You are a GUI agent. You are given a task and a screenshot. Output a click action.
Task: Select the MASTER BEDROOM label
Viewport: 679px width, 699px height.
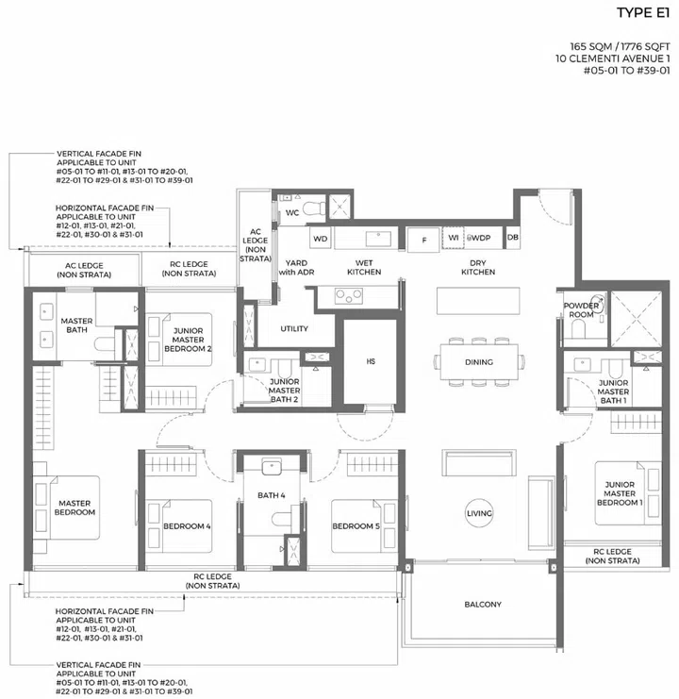73,508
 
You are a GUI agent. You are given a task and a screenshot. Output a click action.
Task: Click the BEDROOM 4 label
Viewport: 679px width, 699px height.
187,525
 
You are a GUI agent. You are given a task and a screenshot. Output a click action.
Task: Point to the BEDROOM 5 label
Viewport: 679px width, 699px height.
355,525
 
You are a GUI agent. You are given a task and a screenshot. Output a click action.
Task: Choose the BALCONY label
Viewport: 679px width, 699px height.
483,605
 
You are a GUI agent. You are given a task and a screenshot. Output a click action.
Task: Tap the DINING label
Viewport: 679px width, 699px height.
479,361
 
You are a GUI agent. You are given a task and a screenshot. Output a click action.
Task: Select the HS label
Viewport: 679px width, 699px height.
371,359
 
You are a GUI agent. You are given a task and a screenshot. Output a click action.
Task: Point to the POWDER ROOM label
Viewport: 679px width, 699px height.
582,310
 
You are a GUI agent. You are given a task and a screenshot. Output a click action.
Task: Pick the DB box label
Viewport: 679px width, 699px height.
513,239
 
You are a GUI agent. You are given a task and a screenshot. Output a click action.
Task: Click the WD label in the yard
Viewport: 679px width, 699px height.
320,239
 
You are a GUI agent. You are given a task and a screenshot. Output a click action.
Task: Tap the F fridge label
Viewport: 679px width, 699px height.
425,240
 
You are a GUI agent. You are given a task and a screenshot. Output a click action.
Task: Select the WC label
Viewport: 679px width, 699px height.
292,213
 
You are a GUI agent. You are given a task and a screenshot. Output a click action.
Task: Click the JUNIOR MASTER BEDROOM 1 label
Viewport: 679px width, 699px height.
620,493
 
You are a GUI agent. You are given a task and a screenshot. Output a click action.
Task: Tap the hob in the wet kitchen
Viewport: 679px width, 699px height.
347,296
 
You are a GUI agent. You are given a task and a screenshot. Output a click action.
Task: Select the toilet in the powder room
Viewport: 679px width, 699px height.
577,329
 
